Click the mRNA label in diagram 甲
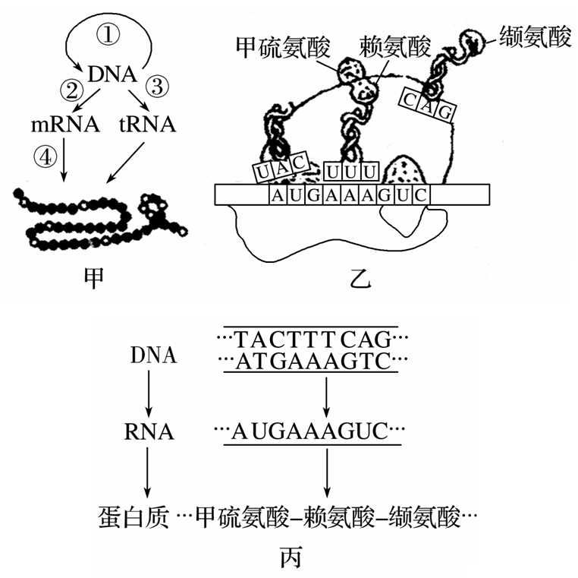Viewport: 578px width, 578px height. pos(64,124)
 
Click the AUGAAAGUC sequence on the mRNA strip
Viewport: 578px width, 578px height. pos(350,195)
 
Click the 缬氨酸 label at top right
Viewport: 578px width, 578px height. pos(536,37)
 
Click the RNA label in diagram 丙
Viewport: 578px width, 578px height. pos(149,433)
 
